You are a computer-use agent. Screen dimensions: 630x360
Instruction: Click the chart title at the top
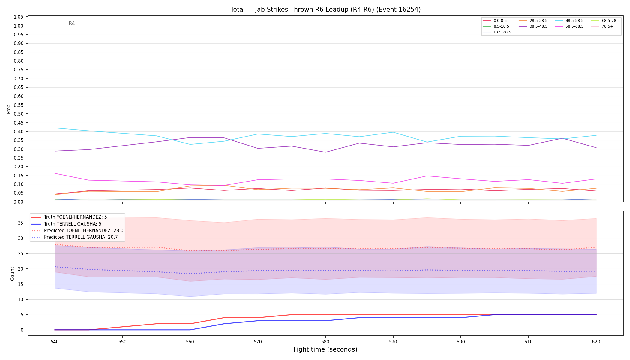pyautogui.click(x=325, y=10)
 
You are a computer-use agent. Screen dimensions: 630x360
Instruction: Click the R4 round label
pyautogui.click(x=72, y=23)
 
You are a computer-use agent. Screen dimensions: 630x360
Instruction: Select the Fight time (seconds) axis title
pyautogui.click(x=325, y=349)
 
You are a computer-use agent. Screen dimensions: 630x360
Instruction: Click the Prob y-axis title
pyautogui.click(x=9, y=109)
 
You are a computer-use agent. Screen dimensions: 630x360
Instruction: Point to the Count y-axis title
pyautogui.click(x=12, y=274)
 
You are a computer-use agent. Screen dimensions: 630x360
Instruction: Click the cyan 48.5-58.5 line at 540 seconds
pyautogui.click(x=55, y=128)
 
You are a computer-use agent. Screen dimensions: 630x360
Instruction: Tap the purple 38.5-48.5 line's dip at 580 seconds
pyautogui.click(x=325, y=152)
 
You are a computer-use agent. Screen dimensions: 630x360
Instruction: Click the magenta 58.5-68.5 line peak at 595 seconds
pyautogui.click(x=427, y=176)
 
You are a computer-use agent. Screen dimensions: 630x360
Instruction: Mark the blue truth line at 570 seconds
pyautogui.click(x=258, y=321)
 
